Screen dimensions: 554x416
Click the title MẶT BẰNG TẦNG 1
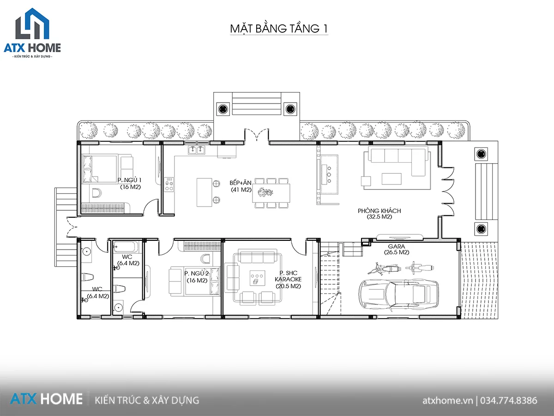(x=279, y=29)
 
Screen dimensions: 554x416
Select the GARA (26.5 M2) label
(x=397, y=249)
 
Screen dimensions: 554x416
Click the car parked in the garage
(x=399, y=294)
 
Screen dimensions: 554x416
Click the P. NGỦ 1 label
(x=129, y=180)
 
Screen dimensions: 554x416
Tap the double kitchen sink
(x=197, y=150)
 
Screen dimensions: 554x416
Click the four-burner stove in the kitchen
(x=169, y=184)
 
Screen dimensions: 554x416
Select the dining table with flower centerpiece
(x=271, y=193)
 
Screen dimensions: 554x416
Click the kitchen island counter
(x=204, y=192)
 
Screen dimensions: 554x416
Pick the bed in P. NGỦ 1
(x=100, y=169)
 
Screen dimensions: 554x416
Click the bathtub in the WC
(x=126, y=247)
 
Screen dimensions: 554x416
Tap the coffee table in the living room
(x=391, y=179)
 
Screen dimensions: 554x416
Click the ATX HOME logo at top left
(x=32, y=33)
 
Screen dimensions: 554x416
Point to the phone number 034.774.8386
(x=509, y=400)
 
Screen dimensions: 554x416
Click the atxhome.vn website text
(x=447, y=400)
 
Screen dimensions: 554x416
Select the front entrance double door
(x=256, y=135)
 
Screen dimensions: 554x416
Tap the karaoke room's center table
(x=258, y=278)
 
